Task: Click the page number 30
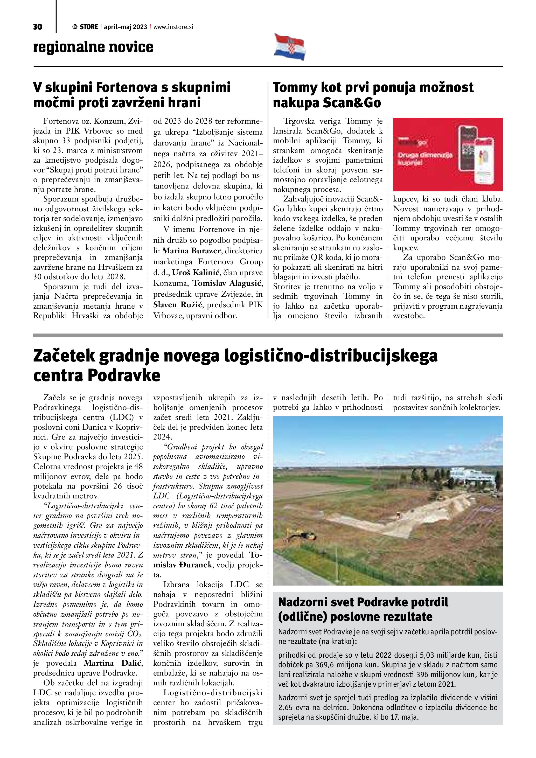pyautogui.click(x=38, y=27)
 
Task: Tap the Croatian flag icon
pyautogui.click(x=289, y=47)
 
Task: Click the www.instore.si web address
pyautogui.click(x=173, y=27)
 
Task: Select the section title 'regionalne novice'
pyautogui.click(x=93, y=47)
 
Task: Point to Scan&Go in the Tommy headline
pyautogui.click(x=352, y=103)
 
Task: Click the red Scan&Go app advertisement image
pyautogui.click(x=448, y=154)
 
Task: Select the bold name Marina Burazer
pyautogui.click(x=191, y=251)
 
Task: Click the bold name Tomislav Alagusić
pyautogui.click(x=227, y=283)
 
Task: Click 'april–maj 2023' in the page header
pyautogui.click(x=126, y=27)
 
